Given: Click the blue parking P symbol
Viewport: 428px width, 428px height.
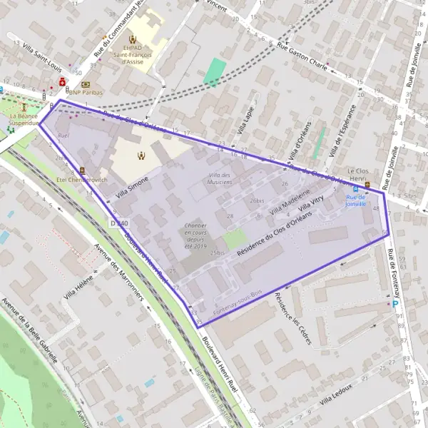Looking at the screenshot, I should coord(396,304).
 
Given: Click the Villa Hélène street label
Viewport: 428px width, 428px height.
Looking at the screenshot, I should coord(78,289).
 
